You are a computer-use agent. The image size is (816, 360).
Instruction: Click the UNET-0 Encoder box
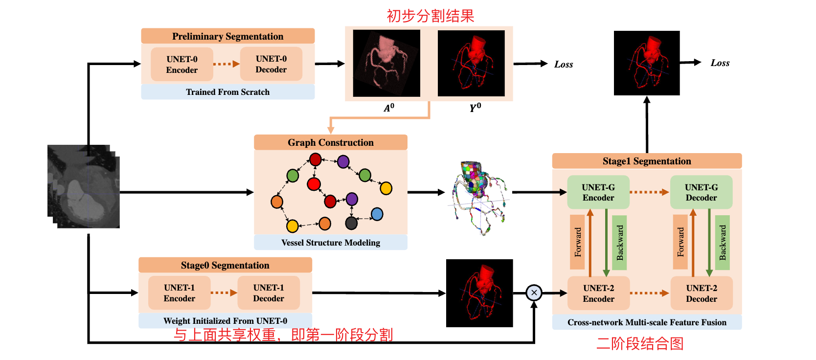pyautogui.click(x=182, y=64)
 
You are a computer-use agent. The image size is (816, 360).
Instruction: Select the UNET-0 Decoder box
pyautogui.click(x=271, y=64)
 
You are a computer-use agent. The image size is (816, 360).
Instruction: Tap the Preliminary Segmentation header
pyautogui.click(x=227, y=36)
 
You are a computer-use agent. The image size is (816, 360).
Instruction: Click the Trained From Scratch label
pyautogui.click(x=227, y=92)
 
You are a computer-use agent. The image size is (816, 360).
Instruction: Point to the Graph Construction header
pyautogui.click(x=330, y=142)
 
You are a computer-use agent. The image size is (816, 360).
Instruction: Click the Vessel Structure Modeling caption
pyautogui.click(x=330, y=243)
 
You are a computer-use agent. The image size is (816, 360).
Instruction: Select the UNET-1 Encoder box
pyautogui.click(x=179, y=293)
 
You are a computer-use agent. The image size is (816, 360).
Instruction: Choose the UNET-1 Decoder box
pyautogui.click(x=268, y=293)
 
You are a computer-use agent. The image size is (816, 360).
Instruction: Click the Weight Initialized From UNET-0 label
pyautogui.click(x=225, y=321)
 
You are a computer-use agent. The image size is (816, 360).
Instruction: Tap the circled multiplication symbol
pyautogui.click(x=534, y=293)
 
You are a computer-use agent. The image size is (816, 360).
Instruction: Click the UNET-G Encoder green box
pyautogui.click(x=598, y=192)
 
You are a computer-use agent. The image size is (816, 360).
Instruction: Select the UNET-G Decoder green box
pyautogui.click(x=701, y=192)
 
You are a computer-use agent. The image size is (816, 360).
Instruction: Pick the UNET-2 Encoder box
pyautogui.click(x=598, y=293)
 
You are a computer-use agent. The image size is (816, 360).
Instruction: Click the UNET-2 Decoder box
pyautogui.click(x=701, y=293)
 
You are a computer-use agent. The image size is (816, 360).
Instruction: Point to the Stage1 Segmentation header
pyautogui.click(x=647, y=161)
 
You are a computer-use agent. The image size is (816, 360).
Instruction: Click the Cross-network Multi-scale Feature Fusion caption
pyautogui.click(x=647, y=322)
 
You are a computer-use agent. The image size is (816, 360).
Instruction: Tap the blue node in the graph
pyautogui.click(x=377, y=214)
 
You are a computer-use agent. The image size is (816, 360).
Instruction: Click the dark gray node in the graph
pyautogui.click(x=351, y=223)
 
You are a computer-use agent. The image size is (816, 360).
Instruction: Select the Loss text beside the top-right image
pyautogui.click(x=720, y=63)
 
